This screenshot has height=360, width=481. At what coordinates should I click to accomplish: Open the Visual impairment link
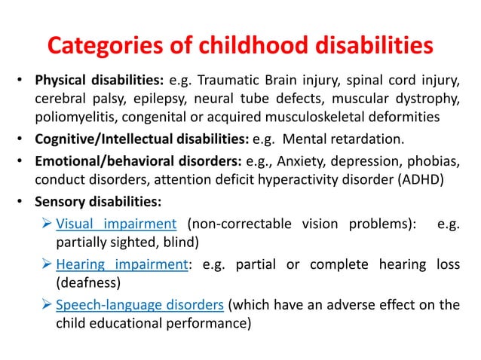coord(116,224)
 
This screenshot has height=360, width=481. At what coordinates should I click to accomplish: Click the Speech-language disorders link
coord(139,304)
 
